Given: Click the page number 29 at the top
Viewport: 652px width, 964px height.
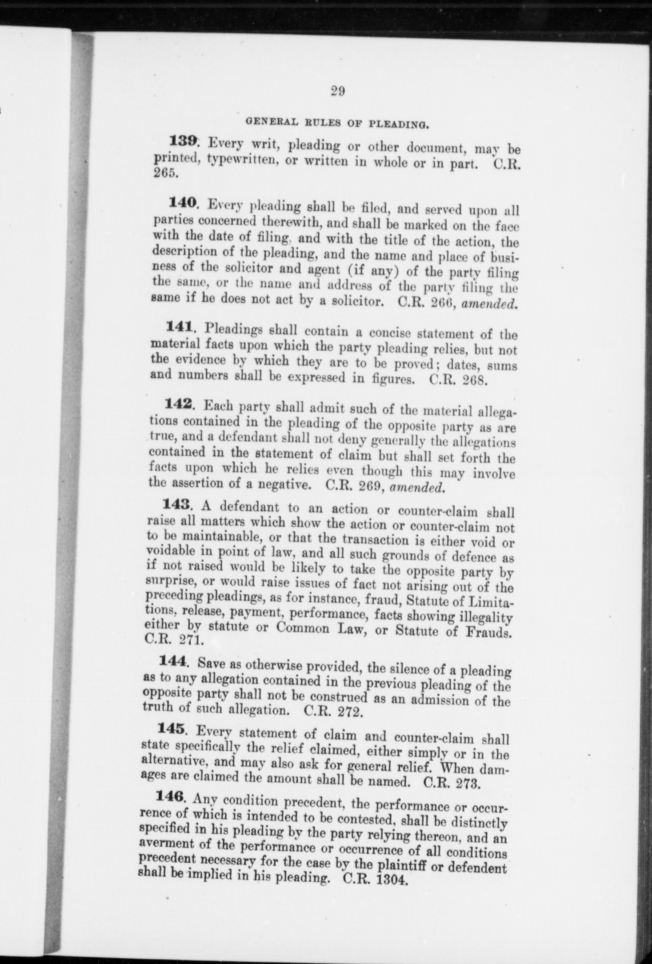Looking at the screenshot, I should point(337,91).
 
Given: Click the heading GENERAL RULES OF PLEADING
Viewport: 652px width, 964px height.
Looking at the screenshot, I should point(337,123).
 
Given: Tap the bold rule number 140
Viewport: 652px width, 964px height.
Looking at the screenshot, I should point(182,203).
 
